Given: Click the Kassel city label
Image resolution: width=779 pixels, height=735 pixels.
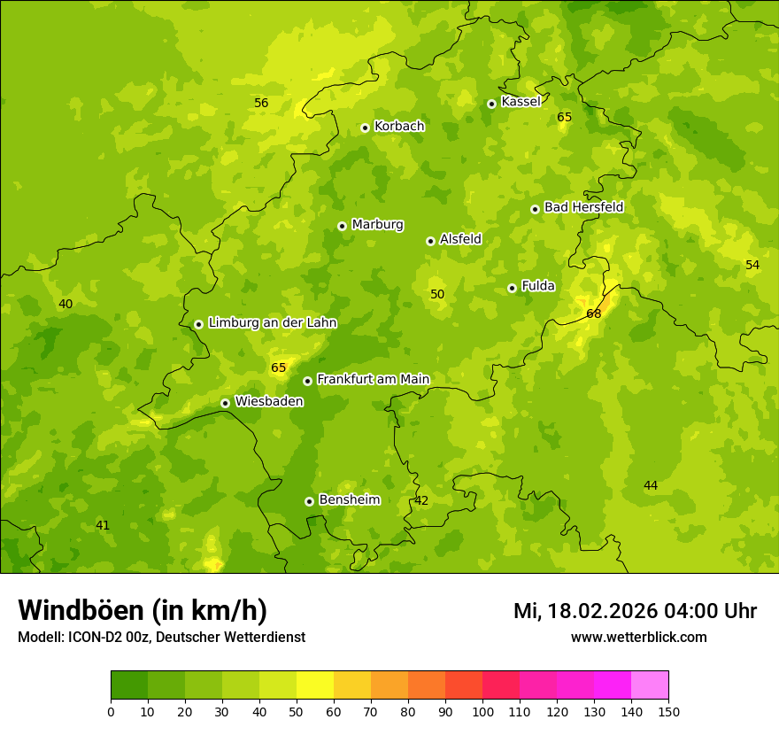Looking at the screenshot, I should tap(521, 102).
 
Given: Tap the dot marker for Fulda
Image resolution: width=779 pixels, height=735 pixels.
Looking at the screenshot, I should tap(512, 288).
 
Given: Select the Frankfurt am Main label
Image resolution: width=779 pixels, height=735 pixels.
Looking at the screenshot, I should tap(373, 379).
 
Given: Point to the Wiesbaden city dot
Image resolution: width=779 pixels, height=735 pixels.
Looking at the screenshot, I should tap(225, 403).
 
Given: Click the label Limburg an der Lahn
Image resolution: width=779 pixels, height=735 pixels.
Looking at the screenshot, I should tap(272, 323).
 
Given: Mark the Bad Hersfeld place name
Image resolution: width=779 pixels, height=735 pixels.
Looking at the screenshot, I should tap(583, 207).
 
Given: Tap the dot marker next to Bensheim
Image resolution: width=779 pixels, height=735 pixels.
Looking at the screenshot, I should tap(309, 501).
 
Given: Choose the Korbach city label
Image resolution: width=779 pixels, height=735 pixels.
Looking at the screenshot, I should tap(399, 127).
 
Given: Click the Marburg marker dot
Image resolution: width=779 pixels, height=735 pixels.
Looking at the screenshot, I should tap(342, 226).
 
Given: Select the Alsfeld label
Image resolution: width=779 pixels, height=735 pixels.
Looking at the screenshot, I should tap(460, 239).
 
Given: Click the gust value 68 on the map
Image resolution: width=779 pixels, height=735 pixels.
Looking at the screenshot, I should tap(594, 313).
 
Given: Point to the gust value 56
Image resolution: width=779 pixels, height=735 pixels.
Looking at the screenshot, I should tap(261, 103).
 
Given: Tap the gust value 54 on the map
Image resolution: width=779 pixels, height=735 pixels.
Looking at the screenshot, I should tap(752, 265).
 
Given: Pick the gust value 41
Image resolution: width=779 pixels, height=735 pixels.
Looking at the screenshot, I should tap(103, 525).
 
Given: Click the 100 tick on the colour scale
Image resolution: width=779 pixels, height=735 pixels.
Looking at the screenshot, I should tap(482, 711).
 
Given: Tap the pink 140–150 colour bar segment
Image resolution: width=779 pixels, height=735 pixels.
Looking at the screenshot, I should tap(650, 685).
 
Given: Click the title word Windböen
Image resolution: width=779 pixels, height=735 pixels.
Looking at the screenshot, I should tap(81, 610).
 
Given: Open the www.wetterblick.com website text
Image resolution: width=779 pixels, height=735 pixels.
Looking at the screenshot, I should tap(638, 637).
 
